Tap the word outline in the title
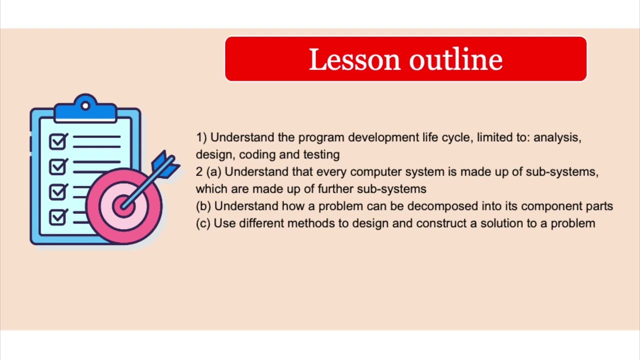pyautogui.click(x=455, y=60)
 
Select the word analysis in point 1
pyautogui.click(x=556, y=137)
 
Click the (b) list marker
pyautogui.click(x=203, y=206)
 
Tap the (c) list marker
pyautogui.click(x=203, y=223)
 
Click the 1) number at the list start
pyautogui.click(x=201, y=137)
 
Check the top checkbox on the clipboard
pyautogui.click(x=57, y=142)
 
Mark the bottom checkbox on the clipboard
pyautogui.click(x=57, y=217)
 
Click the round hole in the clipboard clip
pyautogui.click(x=85, y=105)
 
